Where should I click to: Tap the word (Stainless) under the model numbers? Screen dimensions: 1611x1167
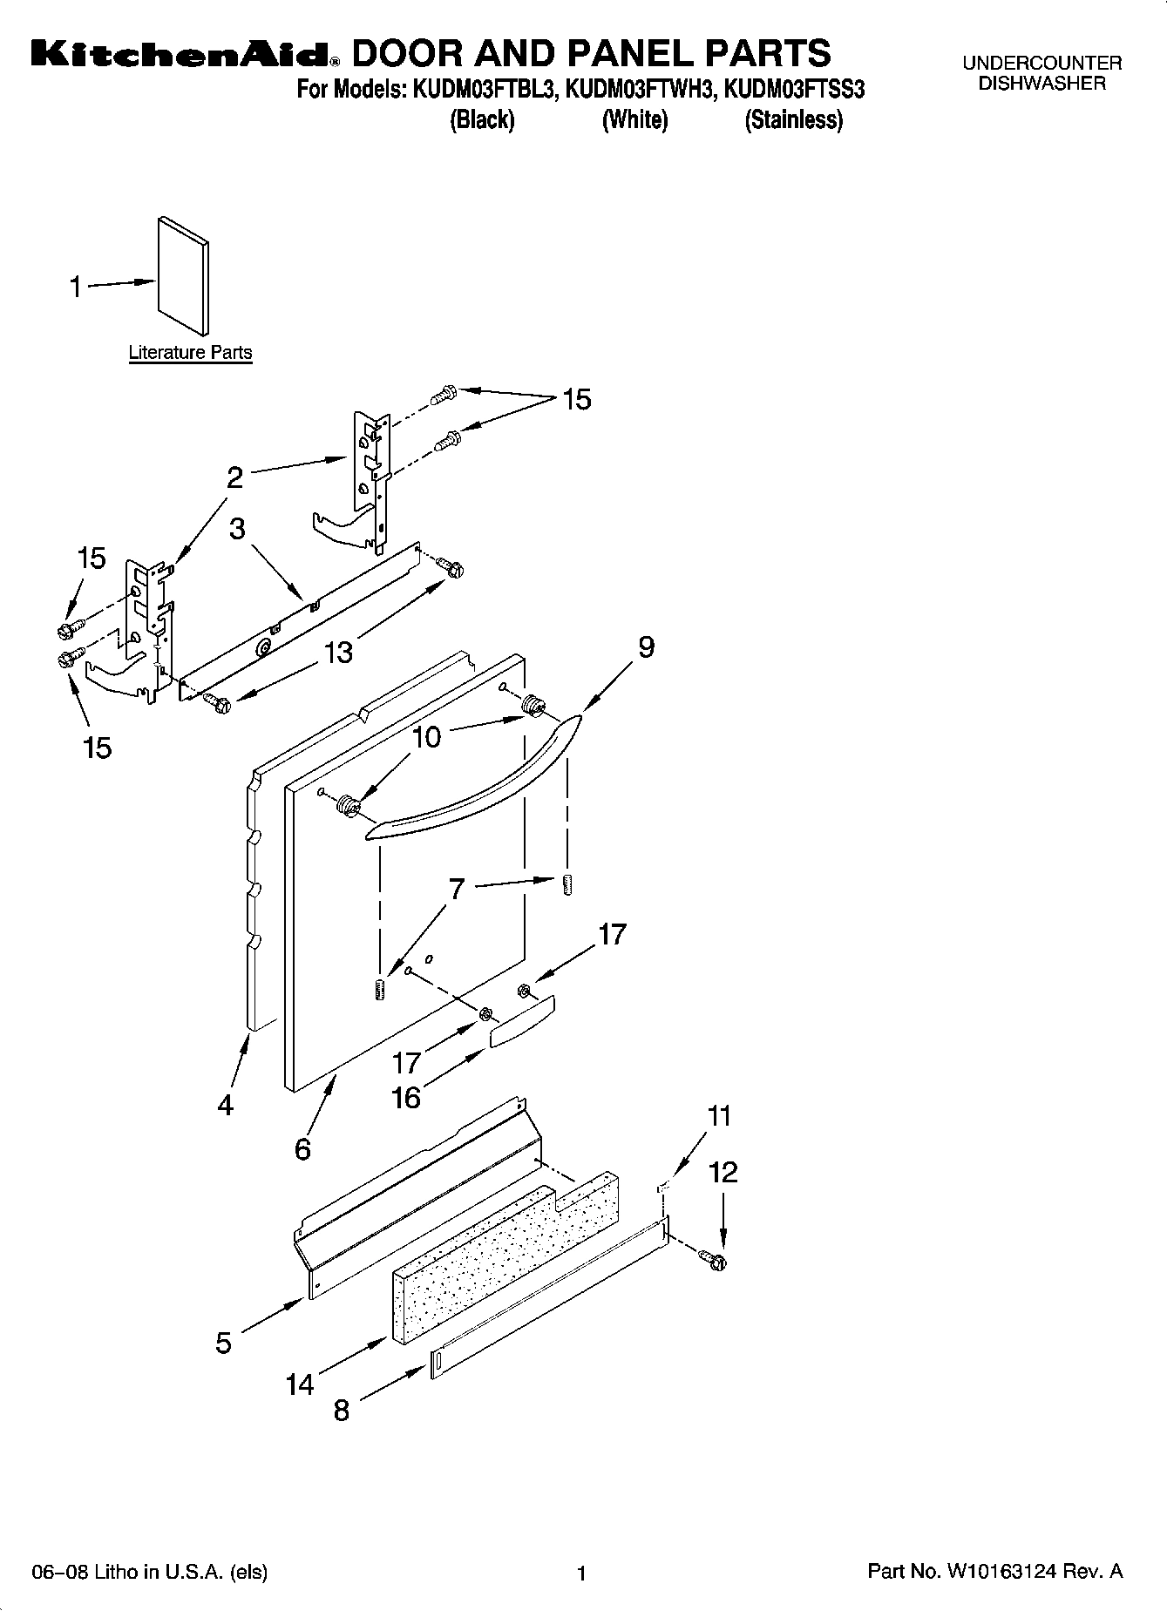click(793, 120)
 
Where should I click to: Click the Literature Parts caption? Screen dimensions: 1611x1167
click(190, 353)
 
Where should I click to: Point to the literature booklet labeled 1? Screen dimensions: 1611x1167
click(183, 276)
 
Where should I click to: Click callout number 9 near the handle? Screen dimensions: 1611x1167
click(646, 647)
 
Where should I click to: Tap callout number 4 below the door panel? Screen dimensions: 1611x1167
click(226, 1105)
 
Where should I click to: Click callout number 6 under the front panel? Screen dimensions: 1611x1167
click(302, 1149)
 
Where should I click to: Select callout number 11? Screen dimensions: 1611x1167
click(720, 1116)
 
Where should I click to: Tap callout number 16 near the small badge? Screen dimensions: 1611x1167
click(406, 1097)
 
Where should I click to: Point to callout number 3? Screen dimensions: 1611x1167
click(238, 529)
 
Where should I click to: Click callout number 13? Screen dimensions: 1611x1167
click(338, 652)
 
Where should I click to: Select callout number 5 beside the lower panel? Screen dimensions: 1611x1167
click(224, 1343)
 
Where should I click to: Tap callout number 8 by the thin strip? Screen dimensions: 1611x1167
click(341, 1410)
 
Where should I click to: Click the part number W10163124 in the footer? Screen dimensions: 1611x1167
click(1003, 1572)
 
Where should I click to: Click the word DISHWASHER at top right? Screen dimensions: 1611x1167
click(1041, 84)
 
